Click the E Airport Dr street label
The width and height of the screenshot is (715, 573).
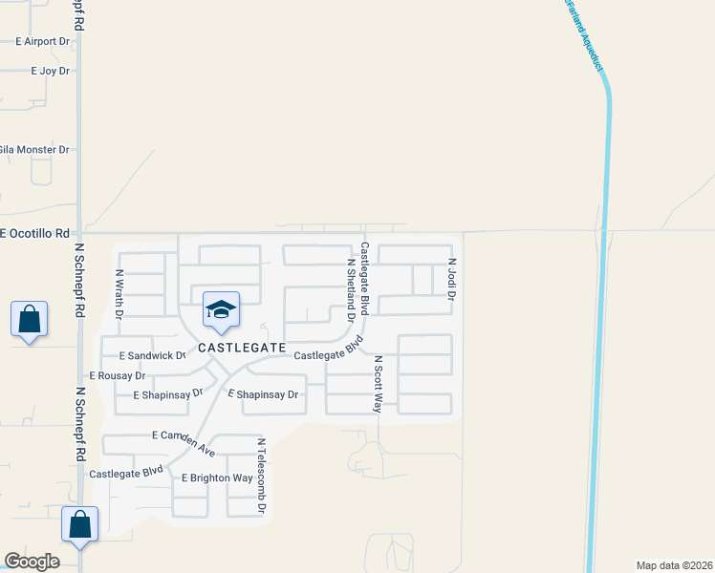pyautogui.click(x=44, y=42)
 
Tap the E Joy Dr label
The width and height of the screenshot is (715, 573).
pyautogui.click(x=50, y=72)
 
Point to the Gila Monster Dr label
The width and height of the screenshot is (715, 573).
pyautogui.click(x=34, y=150)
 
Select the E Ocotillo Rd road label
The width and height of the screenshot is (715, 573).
pyautogui.click(x=36, y=233)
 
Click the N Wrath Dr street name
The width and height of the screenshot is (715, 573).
pyautogui.click(x=119, y=291)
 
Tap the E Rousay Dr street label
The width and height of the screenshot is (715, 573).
pyautogui.click(x=117, y=376)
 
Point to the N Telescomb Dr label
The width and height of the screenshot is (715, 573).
pyautogui.click(x=261, y=477)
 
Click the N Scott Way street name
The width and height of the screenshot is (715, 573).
pyautogui.click(x=379, y=384)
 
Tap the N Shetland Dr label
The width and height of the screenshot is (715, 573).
pyautogui.click(x=351, y=289)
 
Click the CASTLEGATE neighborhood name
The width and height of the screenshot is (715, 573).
pyautogui.click(x=242, y=349)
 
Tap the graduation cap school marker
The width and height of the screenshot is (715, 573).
pyautogui.click(x=220, y=310)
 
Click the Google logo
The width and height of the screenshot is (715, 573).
pyautogui.click(x=32, y=562)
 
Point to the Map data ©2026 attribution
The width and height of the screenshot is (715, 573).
pyautogui.click(x=674, y=565)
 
